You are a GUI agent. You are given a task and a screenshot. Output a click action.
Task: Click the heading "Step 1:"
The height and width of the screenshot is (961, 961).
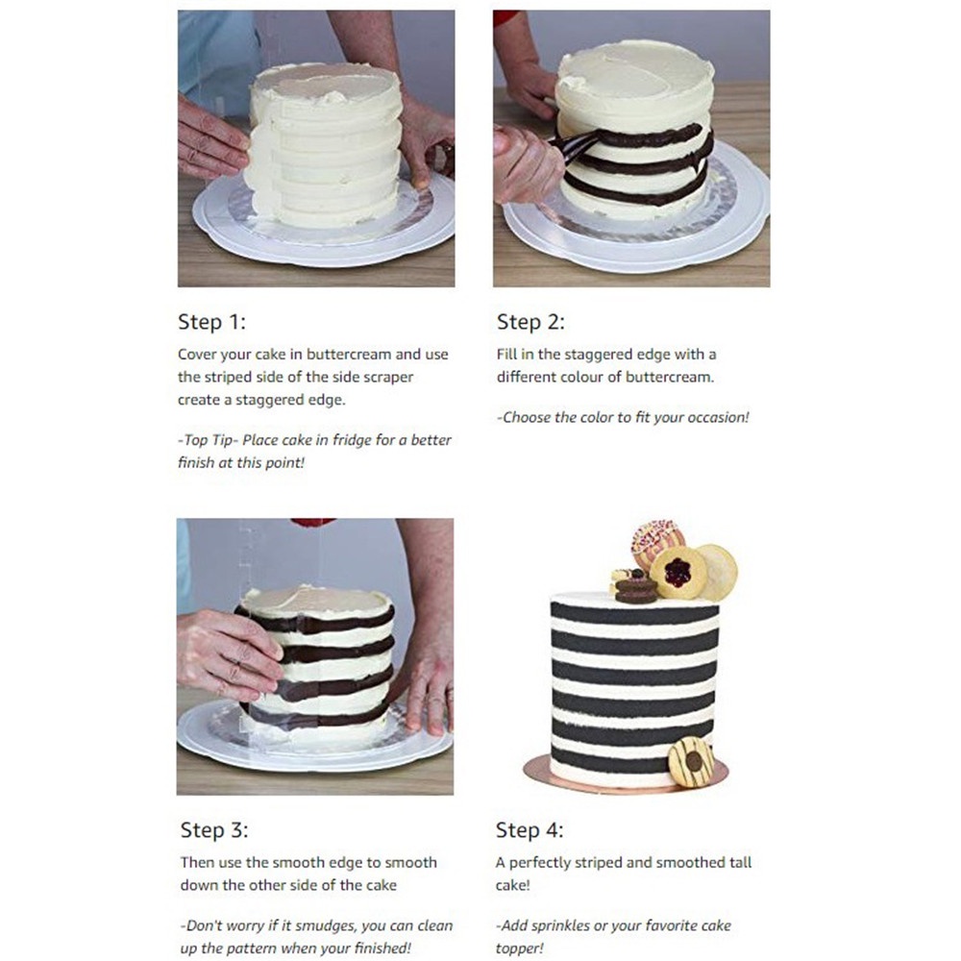[x=211, y=322]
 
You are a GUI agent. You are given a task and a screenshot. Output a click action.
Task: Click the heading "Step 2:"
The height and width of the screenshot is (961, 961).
[x=530, y=322]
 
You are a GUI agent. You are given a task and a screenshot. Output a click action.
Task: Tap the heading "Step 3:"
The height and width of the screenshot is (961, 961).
[x=214, y=830]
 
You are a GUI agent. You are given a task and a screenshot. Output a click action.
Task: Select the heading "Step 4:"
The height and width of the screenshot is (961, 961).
[x=530, y=830]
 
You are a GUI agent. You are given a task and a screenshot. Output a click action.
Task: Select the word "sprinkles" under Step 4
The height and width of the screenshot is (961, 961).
[x=561, y=925]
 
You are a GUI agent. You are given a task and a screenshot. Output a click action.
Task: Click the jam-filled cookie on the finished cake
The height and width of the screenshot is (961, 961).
[x=678, y=573]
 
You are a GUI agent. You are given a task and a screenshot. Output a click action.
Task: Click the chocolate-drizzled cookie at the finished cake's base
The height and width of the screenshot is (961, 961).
[x=691, y=762]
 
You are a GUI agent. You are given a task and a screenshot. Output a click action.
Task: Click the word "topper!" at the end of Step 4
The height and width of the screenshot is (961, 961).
[x=520, y=949]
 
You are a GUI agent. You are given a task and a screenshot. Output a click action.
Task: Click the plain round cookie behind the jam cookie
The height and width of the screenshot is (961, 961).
[x=718, y=572]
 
